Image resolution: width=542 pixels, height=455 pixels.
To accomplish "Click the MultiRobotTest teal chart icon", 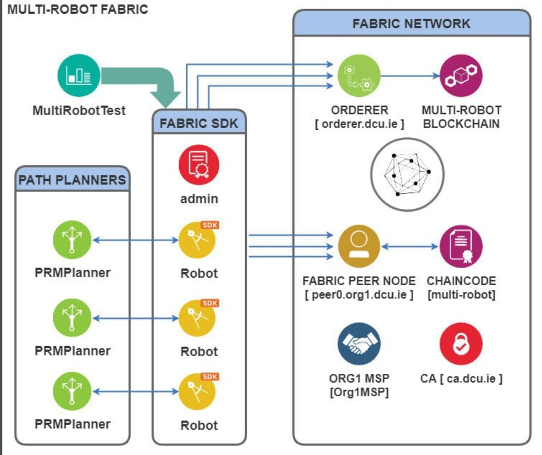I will coord(79,76).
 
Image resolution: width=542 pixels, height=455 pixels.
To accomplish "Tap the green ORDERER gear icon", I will coord(359,75).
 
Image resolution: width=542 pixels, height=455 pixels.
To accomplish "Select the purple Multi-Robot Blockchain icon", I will coord(461,75).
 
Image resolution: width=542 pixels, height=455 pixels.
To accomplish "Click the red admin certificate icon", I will coord(199,165).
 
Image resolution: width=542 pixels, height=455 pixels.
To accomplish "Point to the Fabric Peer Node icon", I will coord(359,247).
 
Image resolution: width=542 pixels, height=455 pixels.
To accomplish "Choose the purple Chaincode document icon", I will coord(461,247).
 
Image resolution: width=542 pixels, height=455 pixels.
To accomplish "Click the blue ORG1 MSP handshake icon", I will coord(359,344).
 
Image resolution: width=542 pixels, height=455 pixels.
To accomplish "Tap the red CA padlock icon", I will coord(461,344).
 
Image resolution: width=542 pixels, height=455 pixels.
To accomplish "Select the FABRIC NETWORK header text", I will coord(411,23).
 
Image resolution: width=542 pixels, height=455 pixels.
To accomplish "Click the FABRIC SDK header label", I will coord(199,123).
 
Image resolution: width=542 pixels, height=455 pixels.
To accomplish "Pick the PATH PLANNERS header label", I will coord(72,179).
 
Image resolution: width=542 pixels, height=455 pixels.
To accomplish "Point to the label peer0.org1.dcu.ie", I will coord(359,294).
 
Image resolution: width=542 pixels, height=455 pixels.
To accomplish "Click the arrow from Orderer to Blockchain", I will coord(410,76).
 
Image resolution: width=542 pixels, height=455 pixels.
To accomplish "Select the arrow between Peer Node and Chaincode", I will coord(410,247).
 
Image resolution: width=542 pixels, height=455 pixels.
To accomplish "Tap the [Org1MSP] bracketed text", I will coord(359,392).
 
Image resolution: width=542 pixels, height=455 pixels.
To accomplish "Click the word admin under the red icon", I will coord(199,198).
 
